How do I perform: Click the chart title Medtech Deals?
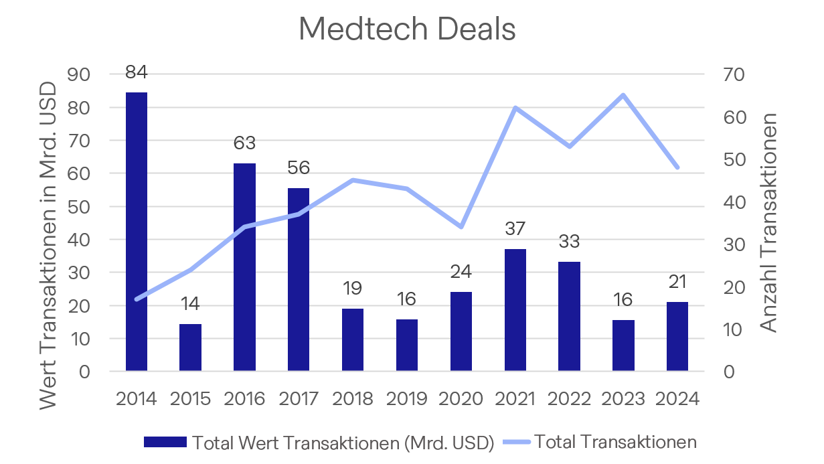pyautogui.click(x=407, y=29)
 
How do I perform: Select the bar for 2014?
pyautogui.click(x=137, y=231)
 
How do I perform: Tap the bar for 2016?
pyautogui.click(x=244, y=266)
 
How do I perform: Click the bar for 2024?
pyautogui.click(x=677, y=336)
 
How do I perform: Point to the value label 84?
pyautogui.click(x=137, y=72)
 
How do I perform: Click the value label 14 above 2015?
pyautogui.click(x=190, y=303)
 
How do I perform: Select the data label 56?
pyautogui.click(x=299, y=167)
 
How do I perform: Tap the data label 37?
pyautogui.click(x=515, y=228)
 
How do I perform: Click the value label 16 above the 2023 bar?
pyautogui.click(x=623, y=299)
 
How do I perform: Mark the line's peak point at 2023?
pyautogui.click(x=623, y=95)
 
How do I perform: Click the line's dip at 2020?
pyautogui.click(x=461, y=227)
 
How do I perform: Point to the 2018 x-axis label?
pyautogui.click(x=353, y=399)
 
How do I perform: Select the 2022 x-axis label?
pyautogui.click(x=569, y=399)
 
